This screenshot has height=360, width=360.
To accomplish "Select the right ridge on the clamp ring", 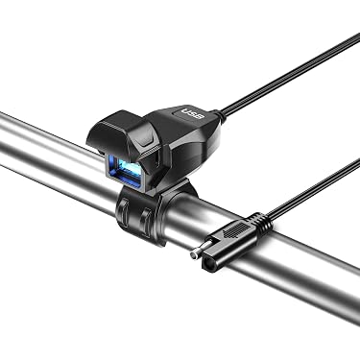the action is point(147,223).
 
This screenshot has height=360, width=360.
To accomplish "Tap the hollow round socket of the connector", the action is point(207,263).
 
